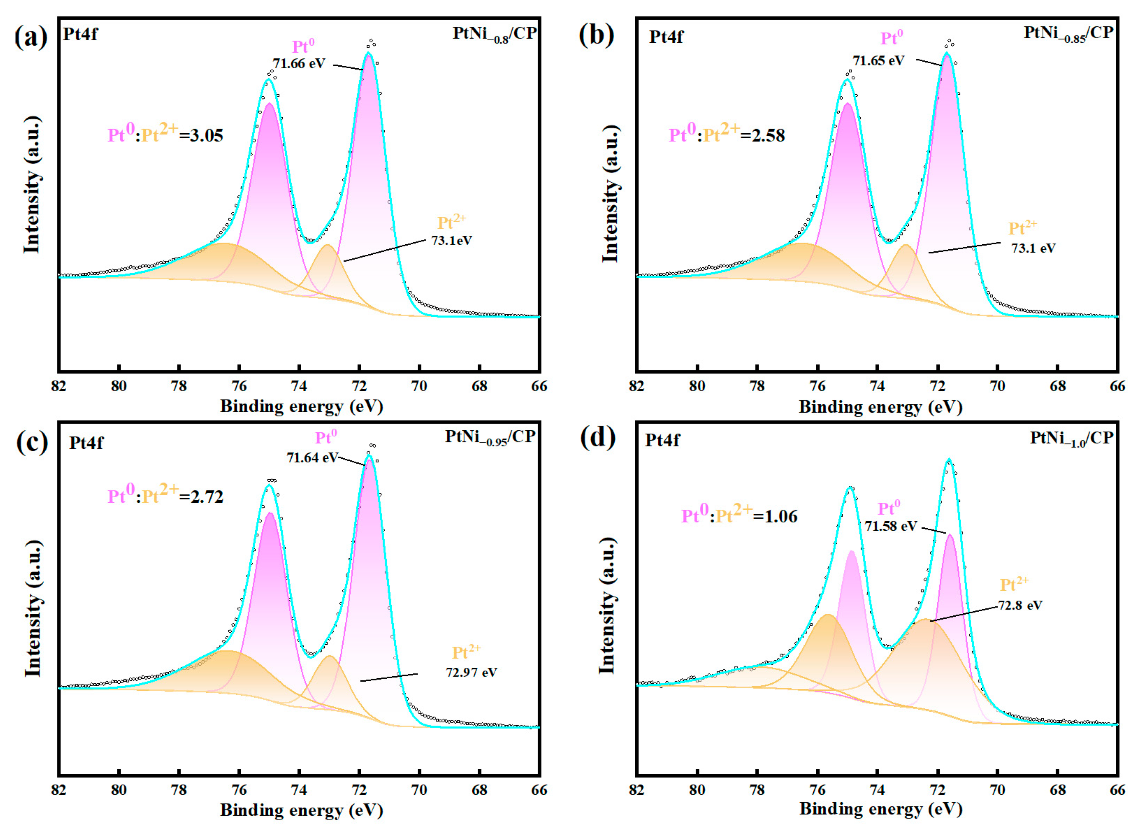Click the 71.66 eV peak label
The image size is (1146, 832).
click(x=299, y=64)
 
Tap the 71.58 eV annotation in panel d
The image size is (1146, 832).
click(x=890, y=526)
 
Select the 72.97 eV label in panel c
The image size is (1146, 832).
click(x=471, y=672)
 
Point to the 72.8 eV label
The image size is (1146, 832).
click(x=1020, y=605)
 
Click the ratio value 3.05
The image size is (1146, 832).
click(x=206, y=135)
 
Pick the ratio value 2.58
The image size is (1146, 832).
click(x=768, y=135)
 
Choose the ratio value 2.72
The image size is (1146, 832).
click(x=207, y=496)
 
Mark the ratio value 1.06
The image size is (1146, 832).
click(x=781, y=516)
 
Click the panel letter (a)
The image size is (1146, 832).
click(x=31, y=37)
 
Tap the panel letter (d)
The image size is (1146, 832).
click(x=598, y=438)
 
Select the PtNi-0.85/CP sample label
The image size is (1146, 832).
click(x=1068, y=34)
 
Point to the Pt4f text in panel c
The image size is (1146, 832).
click(x=86, y=443)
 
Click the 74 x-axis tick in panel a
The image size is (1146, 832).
click(x=299, y=386)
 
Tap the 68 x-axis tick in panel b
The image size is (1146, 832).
click(x=1058, y=386)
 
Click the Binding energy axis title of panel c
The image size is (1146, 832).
click(x=302, y=810)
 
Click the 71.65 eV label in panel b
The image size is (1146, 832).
click(x=879, y=61)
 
